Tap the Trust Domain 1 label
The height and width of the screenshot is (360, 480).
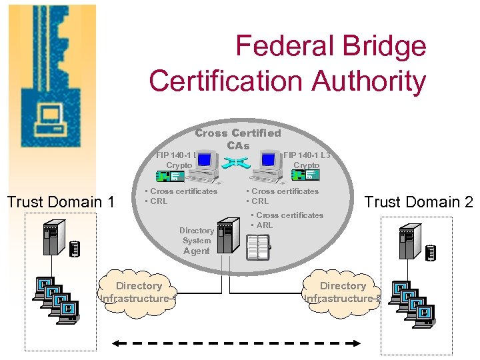(x=61, y=201)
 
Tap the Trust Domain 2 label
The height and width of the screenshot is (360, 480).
(x=419, y=201)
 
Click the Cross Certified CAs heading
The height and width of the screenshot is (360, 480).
(x=238, y=139)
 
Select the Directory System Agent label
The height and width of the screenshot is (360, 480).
(x=197, y=241)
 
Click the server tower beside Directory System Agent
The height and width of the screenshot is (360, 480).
(x=229, y=235)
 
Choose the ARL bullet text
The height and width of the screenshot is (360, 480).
(x=265, y=225)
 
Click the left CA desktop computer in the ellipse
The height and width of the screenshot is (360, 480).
(x=203, y=167)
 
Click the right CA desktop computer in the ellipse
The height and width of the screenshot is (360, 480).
(x=269, y=167)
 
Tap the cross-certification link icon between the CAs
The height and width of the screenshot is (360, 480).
(x=237, y=162)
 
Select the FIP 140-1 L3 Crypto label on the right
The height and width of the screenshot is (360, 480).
(x=307, y=160)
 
